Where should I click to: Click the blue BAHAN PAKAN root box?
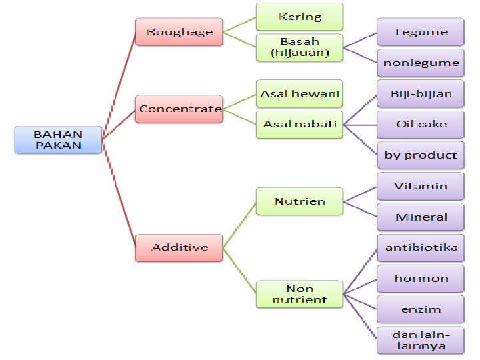point(59,139)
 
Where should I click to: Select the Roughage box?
point(179,32)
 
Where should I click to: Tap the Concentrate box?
point(179,109)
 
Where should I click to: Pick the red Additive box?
point(179,247)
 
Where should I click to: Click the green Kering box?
point(300,17)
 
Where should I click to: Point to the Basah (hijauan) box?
point(300,47)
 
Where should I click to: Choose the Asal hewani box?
point(300,94)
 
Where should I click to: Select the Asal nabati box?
point(300,124)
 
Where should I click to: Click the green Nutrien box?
point(300,201)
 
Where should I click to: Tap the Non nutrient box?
point(300,294)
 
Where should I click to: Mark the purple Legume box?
point(421,32)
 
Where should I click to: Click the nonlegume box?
point(421,63)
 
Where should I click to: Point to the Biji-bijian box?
point(421,94)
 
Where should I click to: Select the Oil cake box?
point(421,124)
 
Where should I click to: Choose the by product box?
point(421,155)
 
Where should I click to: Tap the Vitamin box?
point(421,186)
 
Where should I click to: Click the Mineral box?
point(421,217)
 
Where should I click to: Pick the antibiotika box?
point(421,247)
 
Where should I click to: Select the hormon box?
point(421,278)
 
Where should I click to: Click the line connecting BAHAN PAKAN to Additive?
point(119,193)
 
